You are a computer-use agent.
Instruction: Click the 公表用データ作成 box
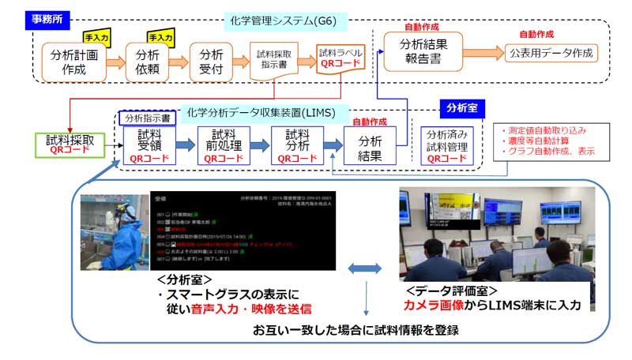pyautogui.click(x=551, y=53)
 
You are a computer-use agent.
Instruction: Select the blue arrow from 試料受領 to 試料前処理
pyautogui.click(x=186, y=145)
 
